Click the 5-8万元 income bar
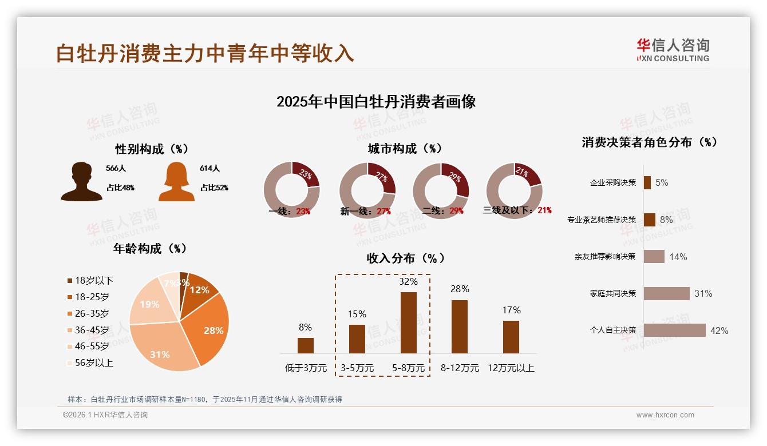click(x=408, y=322)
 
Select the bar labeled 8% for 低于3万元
click(x=305, y=345)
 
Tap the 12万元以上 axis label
click(x=511, y=368)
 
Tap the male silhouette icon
click(x=81, y=182)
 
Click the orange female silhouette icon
click(x=176, y=182)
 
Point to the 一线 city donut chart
click(x=291, y=189)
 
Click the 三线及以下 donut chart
click(x=513, y=189)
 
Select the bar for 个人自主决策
click(x=674, y=330)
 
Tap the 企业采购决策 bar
click(x=647, y=182)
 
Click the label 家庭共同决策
click(x=612, y=293)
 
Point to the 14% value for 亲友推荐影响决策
click(x=678, y=257)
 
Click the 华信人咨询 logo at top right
click(x=673, y=50)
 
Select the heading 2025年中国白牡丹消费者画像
click(x=376, y=102)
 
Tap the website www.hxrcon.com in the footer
click(x=665, y=415)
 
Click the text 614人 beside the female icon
click(x=209, y=169)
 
